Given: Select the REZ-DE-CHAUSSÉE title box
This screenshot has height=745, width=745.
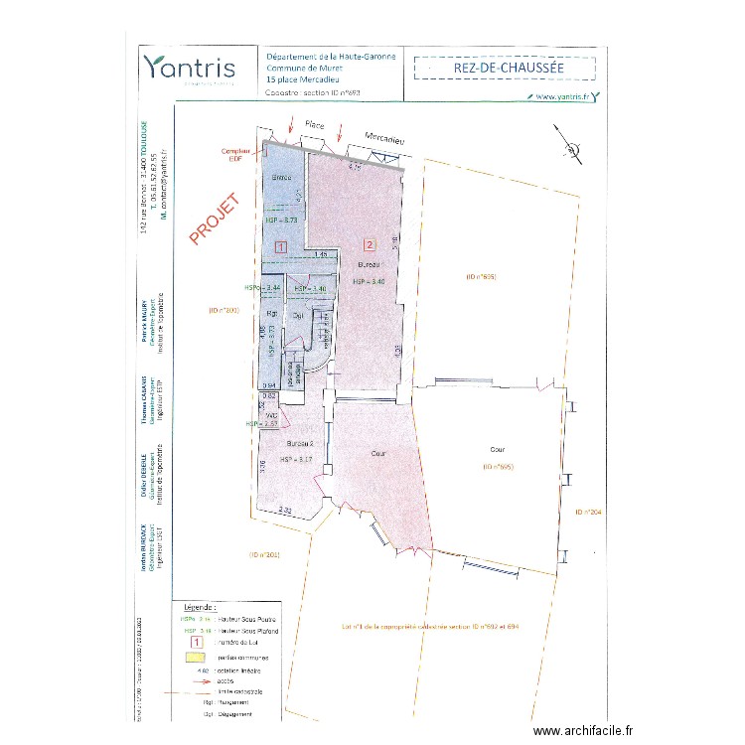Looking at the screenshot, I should click(x=504, y=67).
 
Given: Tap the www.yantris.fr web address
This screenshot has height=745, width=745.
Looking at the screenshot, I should click(x=561, y=96).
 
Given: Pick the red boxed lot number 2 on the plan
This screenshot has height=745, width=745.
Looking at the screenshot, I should click(x=370, y=243).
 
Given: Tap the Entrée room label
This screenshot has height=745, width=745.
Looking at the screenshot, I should click(x=281, y=177).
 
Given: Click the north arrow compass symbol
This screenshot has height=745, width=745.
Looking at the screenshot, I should click(x=570, y=147).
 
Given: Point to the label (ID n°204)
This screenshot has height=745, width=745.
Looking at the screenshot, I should click(x=588, y=512).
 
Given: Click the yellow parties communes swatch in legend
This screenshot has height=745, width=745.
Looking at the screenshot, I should click(x=195, y=657).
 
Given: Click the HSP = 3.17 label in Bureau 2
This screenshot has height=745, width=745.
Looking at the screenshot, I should click(x=296, y=459).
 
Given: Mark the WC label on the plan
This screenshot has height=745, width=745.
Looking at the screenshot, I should click(x=270, y=416).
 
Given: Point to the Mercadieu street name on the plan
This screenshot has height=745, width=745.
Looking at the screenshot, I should click(x=384, y=139).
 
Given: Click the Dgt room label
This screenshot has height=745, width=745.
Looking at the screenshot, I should click(x=297, y=316).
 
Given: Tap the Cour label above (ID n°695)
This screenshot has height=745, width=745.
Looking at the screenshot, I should click(x=497, y=449).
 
